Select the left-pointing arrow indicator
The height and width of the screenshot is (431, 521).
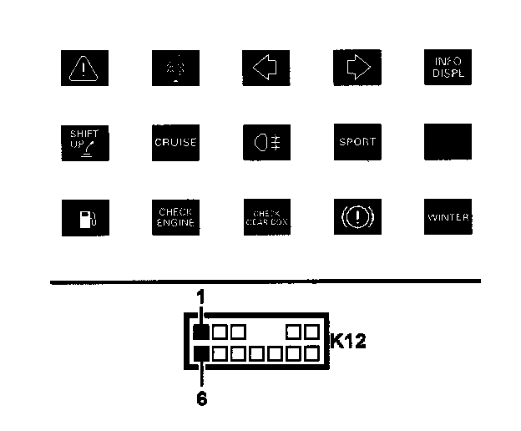[266, 67]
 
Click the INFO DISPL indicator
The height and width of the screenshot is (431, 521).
[448, 67]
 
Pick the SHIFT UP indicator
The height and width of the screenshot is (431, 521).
[85, 141]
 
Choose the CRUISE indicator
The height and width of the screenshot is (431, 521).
[175, 142]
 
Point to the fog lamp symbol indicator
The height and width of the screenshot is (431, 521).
[266, 142]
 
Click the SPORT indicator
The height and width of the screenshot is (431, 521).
[357, 142]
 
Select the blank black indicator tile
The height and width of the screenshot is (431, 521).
[448, 142]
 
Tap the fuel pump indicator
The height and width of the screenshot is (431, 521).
[85, 217]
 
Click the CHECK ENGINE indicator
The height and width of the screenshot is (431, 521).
[175, 217]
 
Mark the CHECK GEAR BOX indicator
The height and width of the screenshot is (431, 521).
[266, 217]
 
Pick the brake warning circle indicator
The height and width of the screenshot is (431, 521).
[357, 217]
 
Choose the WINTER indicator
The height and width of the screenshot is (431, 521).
[448, 217]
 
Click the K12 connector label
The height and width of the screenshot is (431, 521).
[348, 342]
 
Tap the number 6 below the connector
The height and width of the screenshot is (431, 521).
[201, 398]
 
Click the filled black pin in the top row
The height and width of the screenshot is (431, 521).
[201, 332]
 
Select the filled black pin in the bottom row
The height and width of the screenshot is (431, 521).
[201, 353]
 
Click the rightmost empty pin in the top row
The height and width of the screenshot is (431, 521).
[311, 332]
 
